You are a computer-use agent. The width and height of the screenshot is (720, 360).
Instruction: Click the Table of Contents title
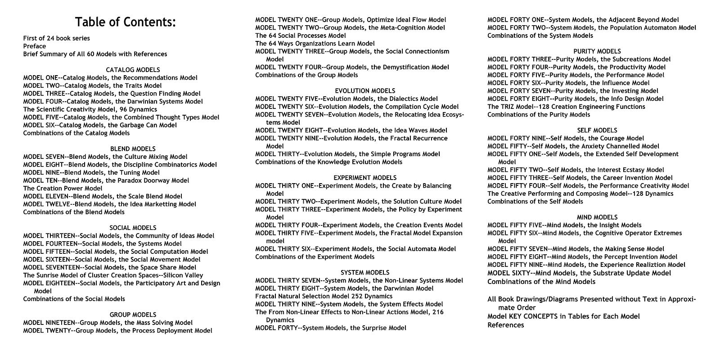click(x=126, y=22)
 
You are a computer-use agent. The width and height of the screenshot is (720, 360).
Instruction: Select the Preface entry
click(x=35, y=46)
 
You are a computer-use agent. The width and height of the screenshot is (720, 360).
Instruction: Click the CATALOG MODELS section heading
click(x=133, y=70)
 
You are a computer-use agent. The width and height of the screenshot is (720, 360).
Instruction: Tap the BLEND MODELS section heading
click(x=133, y=148)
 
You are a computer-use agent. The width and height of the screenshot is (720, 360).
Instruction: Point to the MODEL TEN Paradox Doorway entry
click(x=106, y=180)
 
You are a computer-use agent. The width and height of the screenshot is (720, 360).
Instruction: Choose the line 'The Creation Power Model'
click(x=63, y=188)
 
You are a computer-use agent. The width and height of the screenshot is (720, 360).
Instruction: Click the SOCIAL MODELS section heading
click(x=133, y=228)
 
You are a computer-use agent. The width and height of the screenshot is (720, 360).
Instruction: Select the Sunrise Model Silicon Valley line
click(x=113, y=275)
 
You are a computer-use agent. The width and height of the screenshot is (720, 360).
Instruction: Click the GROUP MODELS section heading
click(x=133, y=315)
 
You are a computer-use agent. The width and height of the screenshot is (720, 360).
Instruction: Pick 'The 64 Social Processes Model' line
click(x=301, y=36)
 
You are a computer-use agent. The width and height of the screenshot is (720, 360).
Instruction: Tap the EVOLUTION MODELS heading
click(x=365, y=91)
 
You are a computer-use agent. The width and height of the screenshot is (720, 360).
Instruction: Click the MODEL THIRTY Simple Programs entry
click(x=347, y=154)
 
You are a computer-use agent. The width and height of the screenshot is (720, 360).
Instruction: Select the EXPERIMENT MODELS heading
click(x=365, y=178)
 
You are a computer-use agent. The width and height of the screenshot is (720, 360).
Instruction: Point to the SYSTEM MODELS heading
click(x=365, y=272)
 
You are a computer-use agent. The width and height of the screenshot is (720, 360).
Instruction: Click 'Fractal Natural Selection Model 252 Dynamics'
click(x=324, y=296)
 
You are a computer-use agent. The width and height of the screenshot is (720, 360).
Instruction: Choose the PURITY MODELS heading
click(x=597, y=51)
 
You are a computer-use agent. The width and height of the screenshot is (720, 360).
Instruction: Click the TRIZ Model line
click(x=566, y=107)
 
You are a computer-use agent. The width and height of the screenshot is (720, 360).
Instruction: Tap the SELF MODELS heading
click(x=597, y=130)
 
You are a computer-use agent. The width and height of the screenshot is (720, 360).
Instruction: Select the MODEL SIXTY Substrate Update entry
click(x=579, y=273)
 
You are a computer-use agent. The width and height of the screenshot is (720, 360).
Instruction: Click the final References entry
click(x=506, y=325)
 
